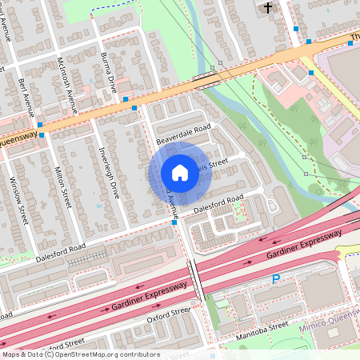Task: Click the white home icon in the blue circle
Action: click(180, 173)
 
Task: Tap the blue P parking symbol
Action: click(276, 279)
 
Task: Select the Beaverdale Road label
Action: click(183, 134)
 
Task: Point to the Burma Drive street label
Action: click(110, 72)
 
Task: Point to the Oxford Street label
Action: click(169, 316)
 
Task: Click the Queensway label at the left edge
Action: click(15, 138)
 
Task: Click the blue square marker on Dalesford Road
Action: click(174, 223)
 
